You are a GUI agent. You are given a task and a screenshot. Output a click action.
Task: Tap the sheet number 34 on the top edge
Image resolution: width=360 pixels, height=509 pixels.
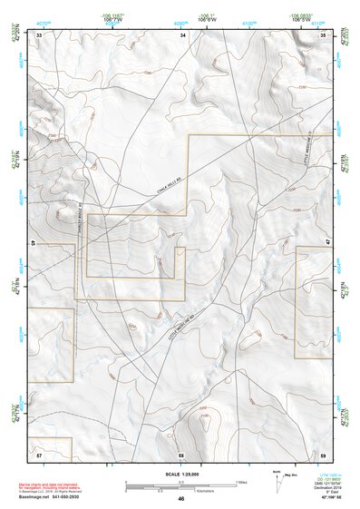click(x=182, y=34)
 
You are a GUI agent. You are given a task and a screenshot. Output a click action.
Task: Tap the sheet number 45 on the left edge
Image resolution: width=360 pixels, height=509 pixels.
click(x=33, y=244)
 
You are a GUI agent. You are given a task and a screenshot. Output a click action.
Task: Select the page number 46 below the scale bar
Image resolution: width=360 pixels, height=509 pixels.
click(x=181, y=498)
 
